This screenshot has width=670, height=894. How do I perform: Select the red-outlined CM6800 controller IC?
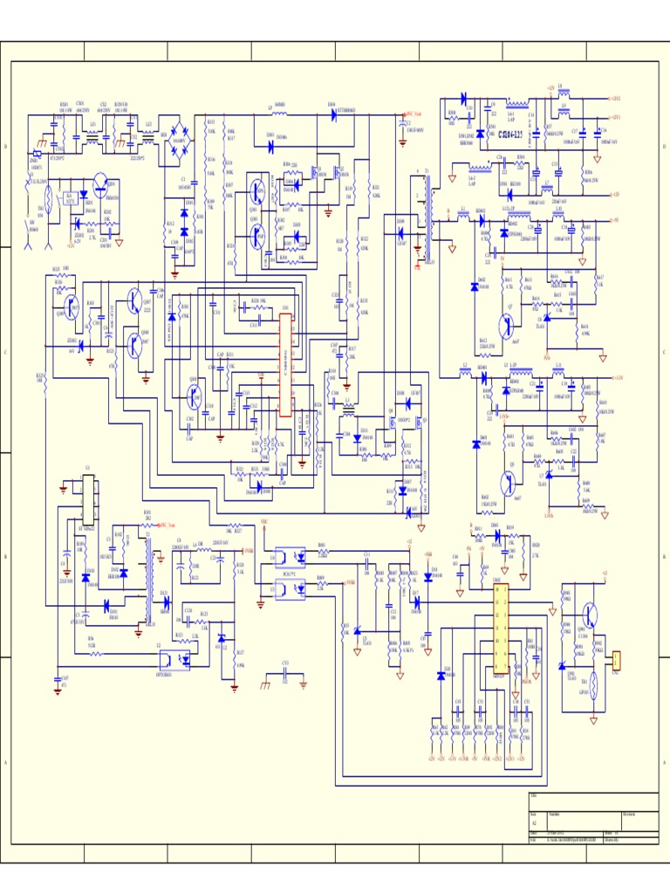point(285,365)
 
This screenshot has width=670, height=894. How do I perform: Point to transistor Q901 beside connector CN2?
point(592,616)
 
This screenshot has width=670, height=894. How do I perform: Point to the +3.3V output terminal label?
point(617,378)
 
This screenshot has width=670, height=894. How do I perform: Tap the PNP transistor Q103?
point(257,234)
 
